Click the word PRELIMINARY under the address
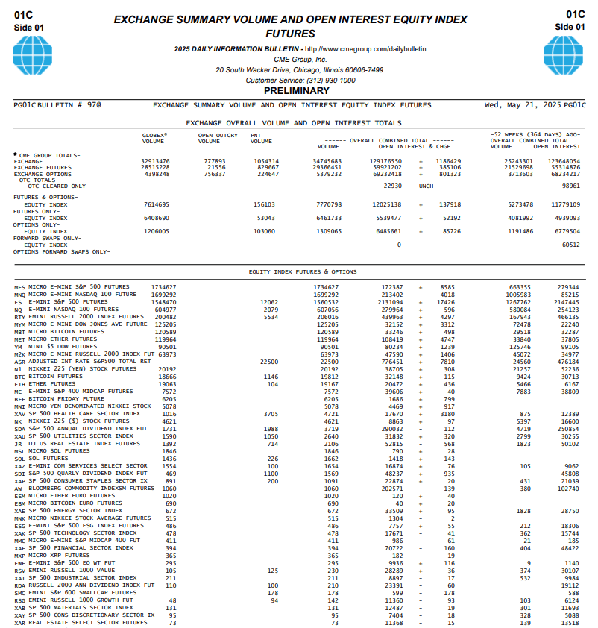(300, 90)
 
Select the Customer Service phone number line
(300, 80)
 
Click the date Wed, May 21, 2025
(523, 105)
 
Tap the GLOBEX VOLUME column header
(154, 138)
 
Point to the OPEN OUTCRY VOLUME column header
(218, 138)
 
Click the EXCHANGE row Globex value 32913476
(155, 161)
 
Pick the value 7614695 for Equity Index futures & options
(155, 204)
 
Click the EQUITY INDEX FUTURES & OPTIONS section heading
(302, 272)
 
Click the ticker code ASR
(19, 361)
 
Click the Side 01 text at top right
(570, 27)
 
